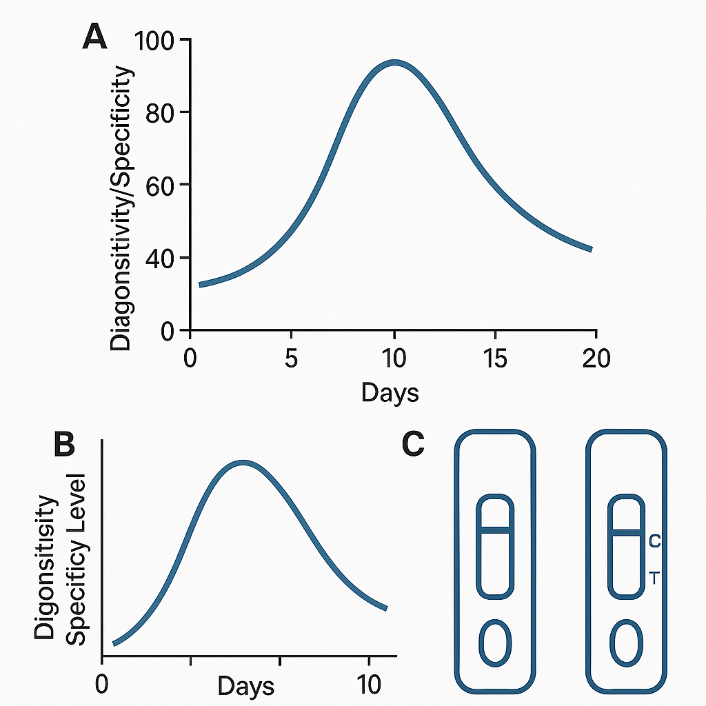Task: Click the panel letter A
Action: click(x=95, y=37)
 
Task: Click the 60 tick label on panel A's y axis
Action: click(x=160, y=185)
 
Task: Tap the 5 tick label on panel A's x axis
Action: click(x=292, y=359)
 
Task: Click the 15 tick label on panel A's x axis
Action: click(x=495, y=359)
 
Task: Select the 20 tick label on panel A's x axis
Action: click(x=596, y=359)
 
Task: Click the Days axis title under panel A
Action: click(x=390, y=392)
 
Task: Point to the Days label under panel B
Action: click(x=246, y=687)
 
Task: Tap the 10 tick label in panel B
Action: click(x=369, y=685)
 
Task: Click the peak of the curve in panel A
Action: click(x=395, y=63)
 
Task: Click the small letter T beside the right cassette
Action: click(x=655, y=578)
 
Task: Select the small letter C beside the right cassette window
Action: click(x=655, y=541)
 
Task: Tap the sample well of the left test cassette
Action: click(x=495, y=643)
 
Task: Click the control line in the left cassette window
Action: click(x=495, y=530)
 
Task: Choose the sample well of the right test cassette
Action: click(x=626, y=643)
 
